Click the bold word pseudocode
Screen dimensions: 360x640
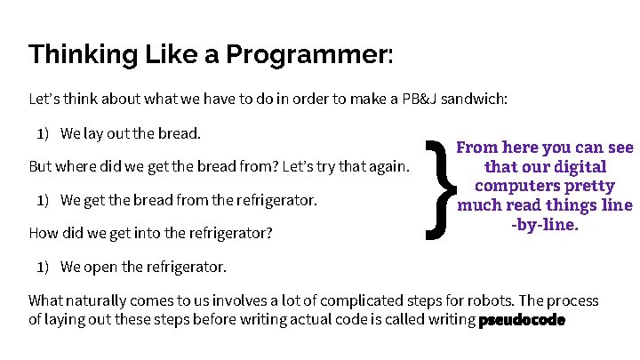[x=522, y=321]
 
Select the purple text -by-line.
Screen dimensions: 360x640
[x=544, y=226]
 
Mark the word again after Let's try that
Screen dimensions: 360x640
[x=386, y=167]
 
